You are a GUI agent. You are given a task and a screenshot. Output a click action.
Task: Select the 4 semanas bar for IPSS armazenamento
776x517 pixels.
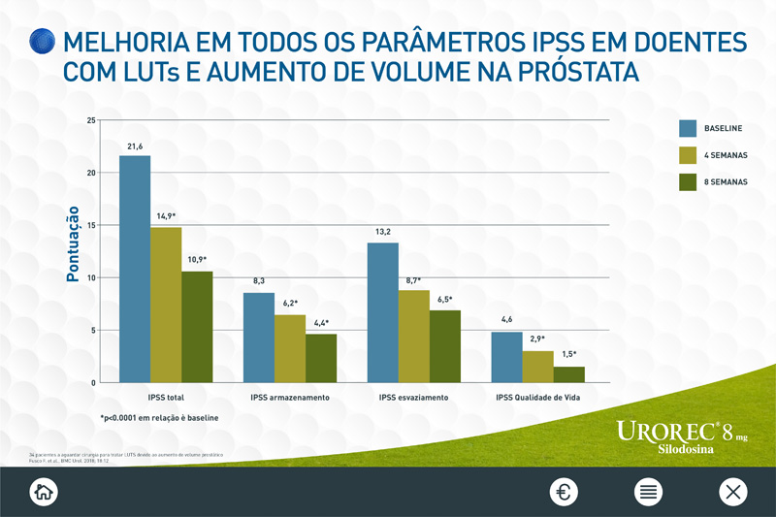tap(290, 348)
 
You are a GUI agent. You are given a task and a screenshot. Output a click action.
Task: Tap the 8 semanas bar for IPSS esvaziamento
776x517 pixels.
tap(445, 346)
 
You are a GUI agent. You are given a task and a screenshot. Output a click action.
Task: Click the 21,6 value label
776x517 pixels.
tap(135, 146)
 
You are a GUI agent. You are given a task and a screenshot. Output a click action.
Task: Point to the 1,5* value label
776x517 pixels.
tap(570, 355)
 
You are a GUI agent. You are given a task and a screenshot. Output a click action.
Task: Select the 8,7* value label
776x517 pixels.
tap(414, 279)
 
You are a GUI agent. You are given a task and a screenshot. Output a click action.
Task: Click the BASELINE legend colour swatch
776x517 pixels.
tap(688, 128)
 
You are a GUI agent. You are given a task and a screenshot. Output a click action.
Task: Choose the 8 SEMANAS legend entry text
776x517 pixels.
tap(726, 181)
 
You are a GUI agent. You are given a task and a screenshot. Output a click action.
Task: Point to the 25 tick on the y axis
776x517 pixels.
tap(91, 120)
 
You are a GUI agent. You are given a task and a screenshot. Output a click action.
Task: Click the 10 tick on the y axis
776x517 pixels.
tap(91, 277)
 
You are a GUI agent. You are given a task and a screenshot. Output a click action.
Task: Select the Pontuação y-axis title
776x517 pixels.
tap(73, 249)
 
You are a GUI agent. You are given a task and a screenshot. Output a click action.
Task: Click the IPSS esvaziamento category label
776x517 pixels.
tap(414, 398)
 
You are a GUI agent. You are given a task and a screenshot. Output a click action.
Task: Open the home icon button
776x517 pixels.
tap(43, 492)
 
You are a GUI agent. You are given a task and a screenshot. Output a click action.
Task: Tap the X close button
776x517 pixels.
tap(732, 492)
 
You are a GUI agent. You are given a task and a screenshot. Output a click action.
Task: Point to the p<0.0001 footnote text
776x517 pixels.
tap(159, 418)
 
